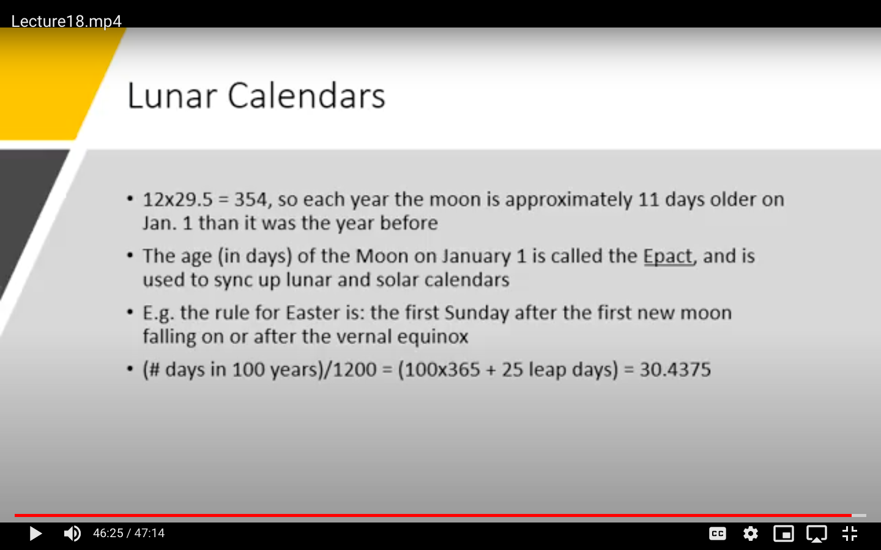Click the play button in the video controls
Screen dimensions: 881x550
pyautogui.click(x=35, y=533)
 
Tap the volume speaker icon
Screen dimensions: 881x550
pyautogui.click(x=72, y=533)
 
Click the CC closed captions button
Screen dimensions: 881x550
pyautogui.click(x=718, y=533)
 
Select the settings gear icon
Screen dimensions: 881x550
pyautogui.click(x=751, y=533)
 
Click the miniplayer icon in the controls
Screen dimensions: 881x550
pyautogui.click(x=784, y=533)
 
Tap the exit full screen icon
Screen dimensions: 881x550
pyautogui.click(x=850, y=533)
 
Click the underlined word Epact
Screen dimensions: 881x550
pyautogui.click(x=668, y=257)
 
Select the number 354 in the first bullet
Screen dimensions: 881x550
pyautogui.click(x=251, y=199)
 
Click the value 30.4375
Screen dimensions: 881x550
pyautogui.click(x=675, y=369)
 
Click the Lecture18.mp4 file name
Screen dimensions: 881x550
pyautogui.click(x=66, y=21)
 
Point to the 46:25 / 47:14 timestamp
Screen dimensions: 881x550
pyautogui.click(x=128, y=533)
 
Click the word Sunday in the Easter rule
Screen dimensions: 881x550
pyautogui.click(x=477, y=313)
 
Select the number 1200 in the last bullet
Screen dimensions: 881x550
pyautogui.click(x=355, y=369)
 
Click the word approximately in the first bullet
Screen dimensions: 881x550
pyautogui.click(x=568, y=200)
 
